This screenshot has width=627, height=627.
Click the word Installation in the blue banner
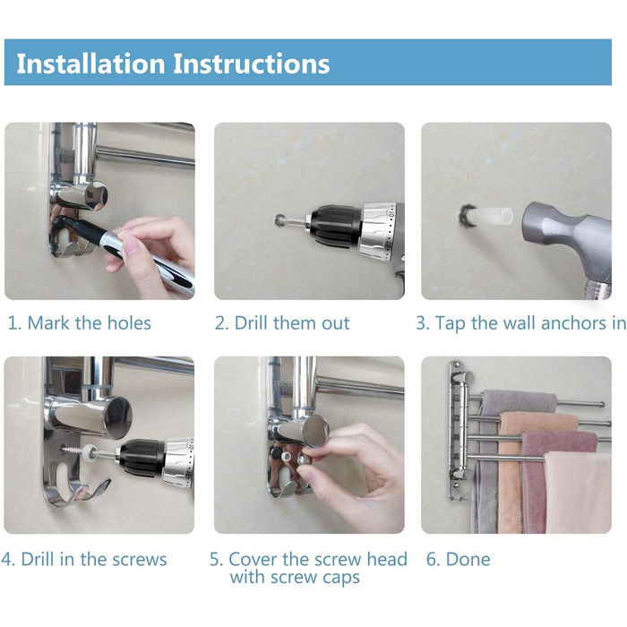[90, 64]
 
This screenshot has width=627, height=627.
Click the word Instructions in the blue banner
[252, 64]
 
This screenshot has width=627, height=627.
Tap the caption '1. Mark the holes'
[79, 322]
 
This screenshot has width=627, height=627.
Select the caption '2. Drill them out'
[282, 322]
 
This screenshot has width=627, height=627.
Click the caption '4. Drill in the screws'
[83, 559]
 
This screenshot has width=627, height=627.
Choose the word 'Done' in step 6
[468, 559]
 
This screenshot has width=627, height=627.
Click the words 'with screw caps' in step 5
[295, 577]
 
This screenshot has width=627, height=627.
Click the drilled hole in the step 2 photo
[281, 220]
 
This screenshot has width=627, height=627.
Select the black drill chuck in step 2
[335, 226]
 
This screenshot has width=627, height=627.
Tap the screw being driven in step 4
[76, 450]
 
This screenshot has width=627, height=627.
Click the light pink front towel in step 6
[578, 493]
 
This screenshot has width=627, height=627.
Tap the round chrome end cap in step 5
[315, 430]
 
